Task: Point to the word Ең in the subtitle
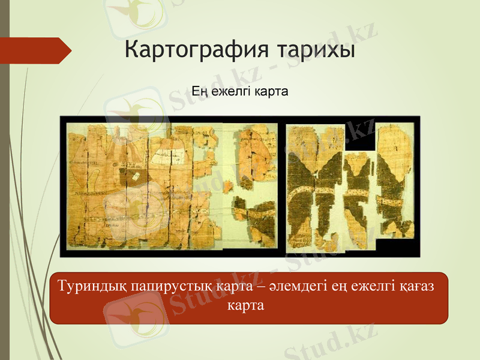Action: point(199,92)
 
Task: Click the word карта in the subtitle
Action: point(272,92)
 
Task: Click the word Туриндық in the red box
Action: point(91,286)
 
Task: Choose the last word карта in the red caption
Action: point(246,305)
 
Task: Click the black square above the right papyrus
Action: point(359,137)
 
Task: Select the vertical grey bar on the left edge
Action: point(5,180)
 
